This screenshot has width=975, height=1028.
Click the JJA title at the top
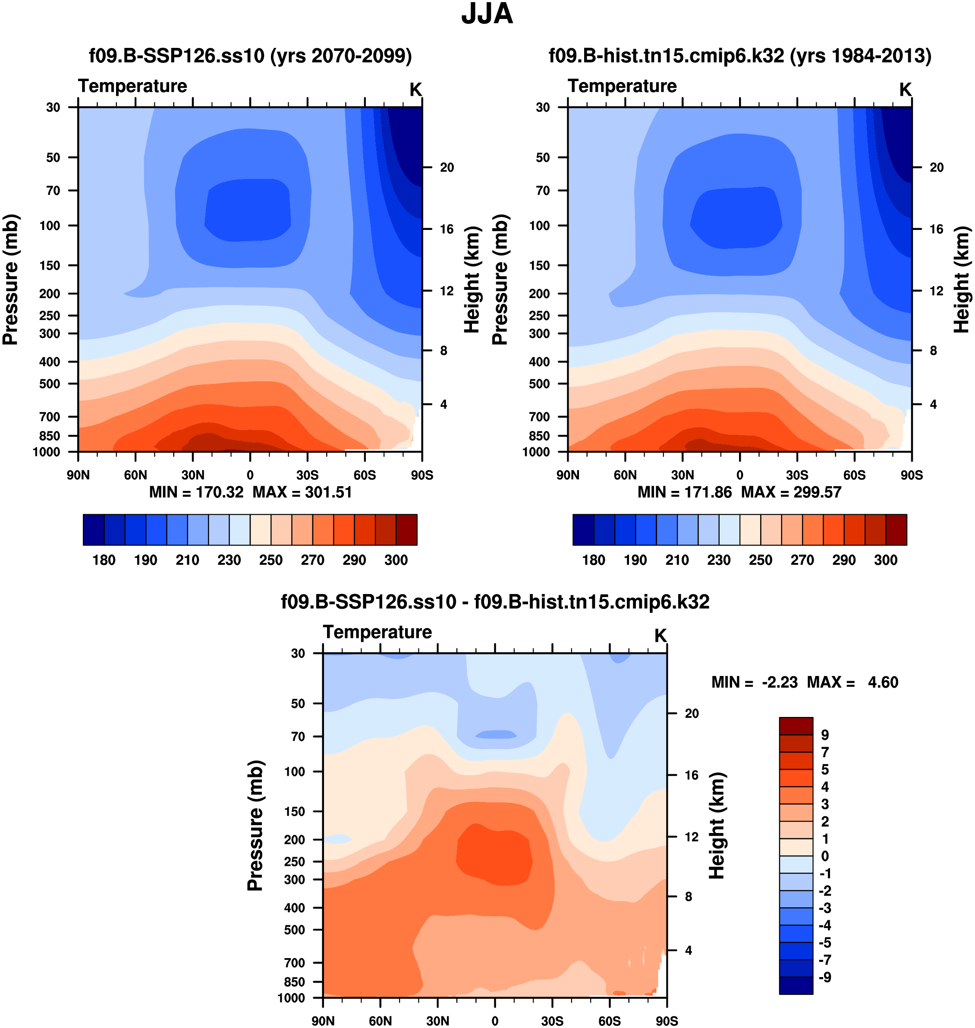point(487,14)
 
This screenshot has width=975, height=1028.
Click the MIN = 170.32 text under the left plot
point(196,492)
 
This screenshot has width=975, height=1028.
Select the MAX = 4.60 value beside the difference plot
point(852,682)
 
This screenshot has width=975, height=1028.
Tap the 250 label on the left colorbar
point(271,560)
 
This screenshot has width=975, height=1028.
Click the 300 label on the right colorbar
point(886,560)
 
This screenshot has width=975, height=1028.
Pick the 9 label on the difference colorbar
point(825,735)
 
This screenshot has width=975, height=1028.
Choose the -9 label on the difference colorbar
point(825,977)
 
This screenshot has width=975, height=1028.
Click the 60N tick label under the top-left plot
point(135,475)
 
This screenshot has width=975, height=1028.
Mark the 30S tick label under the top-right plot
point(797,475)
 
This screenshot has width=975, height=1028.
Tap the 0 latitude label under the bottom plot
point(495,1021)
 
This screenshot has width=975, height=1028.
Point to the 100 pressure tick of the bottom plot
point(294,771)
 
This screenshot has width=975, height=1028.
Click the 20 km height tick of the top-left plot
point(447,167)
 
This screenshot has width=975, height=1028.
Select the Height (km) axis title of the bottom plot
point(717,825)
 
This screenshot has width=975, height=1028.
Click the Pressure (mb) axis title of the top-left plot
point(10,280)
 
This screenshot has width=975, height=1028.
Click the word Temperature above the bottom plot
point(377,632)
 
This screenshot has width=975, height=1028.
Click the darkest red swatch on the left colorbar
point(406,530)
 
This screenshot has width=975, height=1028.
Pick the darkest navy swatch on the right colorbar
point(583,530)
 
